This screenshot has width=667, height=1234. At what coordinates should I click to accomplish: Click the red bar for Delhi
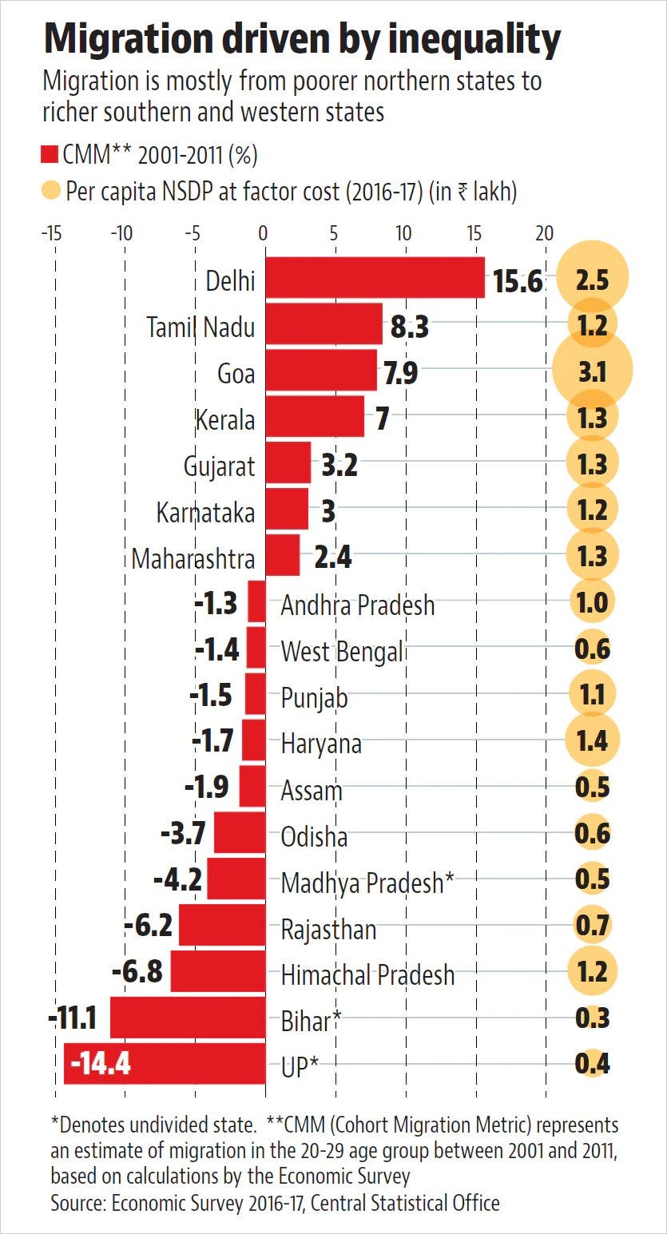click(375, 278)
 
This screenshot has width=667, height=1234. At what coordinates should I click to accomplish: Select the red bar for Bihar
click(188, 1017)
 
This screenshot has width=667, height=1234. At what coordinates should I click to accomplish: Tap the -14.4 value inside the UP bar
click(101, 1062)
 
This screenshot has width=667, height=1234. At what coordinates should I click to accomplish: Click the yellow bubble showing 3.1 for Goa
click(592, 371)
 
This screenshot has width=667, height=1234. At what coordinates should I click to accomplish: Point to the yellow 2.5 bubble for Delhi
click(592, 278)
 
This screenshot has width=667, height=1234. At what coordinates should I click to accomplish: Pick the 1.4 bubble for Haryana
click(592, 740)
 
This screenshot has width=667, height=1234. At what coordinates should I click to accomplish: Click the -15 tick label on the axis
click(51, 233)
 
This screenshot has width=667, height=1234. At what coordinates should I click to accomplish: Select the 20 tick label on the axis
click(544, 233)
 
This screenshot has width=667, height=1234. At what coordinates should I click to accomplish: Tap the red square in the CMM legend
click(50, 155)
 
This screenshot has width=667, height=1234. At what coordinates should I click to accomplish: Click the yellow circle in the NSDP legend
click(50, 191)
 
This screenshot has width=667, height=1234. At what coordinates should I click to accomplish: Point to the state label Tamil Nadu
click(200, 327)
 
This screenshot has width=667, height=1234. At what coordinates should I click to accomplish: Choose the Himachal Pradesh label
click(368, 974)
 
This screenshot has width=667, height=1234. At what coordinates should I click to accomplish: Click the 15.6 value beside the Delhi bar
click(518, 281)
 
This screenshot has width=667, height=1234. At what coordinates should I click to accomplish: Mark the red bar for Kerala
click(315, 416)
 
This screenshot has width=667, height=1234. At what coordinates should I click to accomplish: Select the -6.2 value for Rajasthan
click(149, 925)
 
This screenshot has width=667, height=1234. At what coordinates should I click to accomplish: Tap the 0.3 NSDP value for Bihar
click(592, 1018)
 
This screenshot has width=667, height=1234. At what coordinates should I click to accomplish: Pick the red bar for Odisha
click(240, 832)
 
